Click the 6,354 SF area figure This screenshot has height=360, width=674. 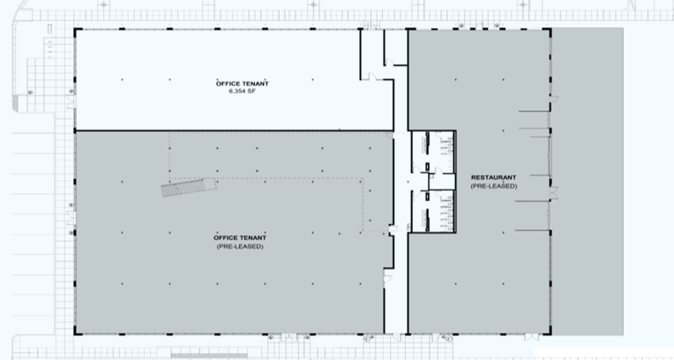(241, 91)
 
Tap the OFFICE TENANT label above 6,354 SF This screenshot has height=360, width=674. (241, 83)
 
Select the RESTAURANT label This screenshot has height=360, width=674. (493, 178)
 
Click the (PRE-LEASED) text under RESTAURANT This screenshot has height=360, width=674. (493, 186)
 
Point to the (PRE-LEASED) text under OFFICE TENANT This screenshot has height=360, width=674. (240, 246)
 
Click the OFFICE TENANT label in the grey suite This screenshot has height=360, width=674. (240, 238)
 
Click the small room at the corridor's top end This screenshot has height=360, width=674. (396, 46)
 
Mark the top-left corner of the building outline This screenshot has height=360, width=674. (74, 29)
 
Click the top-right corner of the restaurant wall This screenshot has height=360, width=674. (550, 29)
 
